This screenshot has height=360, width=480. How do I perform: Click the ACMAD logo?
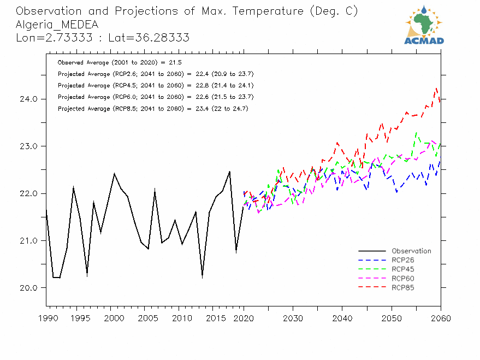click(424, 25)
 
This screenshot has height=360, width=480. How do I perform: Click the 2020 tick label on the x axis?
click(243, 318)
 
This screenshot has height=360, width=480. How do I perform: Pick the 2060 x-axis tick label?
click(440, 318)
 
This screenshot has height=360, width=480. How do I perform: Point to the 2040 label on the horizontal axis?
click(342, 318)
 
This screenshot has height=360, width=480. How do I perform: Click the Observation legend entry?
click(411, 251)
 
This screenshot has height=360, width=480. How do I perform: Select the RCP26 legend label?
click(403, 260)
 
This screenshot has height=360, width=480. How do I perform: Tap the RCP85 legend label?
click(403, 287)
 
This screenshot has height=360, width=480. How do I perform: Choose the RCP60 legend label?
click(403, 278)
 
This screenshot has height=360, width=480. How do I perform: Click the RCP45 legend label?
click(403, 269)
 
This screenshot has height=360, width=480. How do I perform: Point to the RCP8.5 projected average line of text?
click(153, 109)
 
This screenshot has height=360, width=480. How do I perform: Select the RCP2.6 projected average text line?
click(155, 74)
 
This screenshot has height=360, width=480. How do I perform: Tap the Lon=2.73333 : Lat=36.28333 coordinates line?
click(103, 38)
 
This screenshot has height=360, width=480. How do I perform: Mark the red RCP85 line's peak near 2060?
click(437, 88)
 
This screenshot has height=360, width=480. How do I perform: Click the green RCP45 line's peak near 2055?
click(417, 132)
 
